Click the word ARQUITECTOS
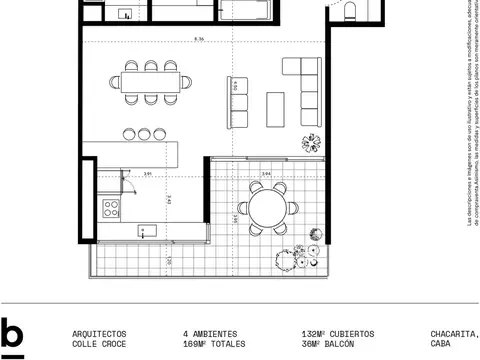click(x=99, y=333)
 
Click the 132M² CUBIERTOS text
click(x=338, y=333)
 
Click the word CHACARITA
click(x=454, y=333)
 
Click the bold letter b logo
click(x=13, y=335)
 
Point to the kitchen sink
click(x=147, y=232)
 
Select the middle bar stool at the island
click(x=144, y=133)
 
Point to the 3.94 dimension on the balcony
click(x=266, y=175)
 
